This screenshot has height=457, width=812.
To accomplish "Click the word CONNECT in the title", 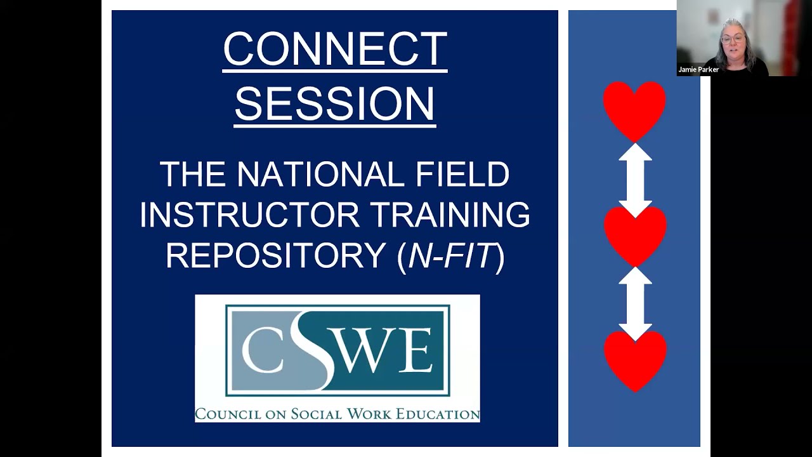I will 335,50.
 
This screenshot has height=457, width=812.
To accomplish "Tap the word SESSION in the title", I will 335,104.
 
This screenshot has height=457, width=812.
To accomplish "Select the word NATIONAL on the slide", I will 320,175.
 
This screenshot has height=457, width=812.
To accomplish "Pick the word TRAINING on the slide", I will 450,215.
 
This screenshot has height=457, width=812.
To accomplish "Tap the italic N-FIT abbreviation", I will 450,256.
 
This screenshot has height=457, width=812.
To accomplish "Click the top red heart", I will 634,109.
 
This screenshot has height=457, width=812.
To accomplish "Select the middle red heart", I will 635,234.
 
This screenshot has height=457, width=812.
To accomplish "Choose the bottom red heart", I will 635,359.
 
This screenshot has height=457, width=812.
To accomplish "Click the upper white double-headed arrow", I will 635,180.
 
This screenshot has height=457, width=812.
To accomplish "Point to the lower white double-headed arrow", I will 635,303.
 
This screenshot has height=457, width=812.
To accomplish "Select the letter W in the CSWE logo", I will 375,351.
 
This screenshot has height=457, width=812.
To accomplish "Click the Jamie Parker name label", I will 698,70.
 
